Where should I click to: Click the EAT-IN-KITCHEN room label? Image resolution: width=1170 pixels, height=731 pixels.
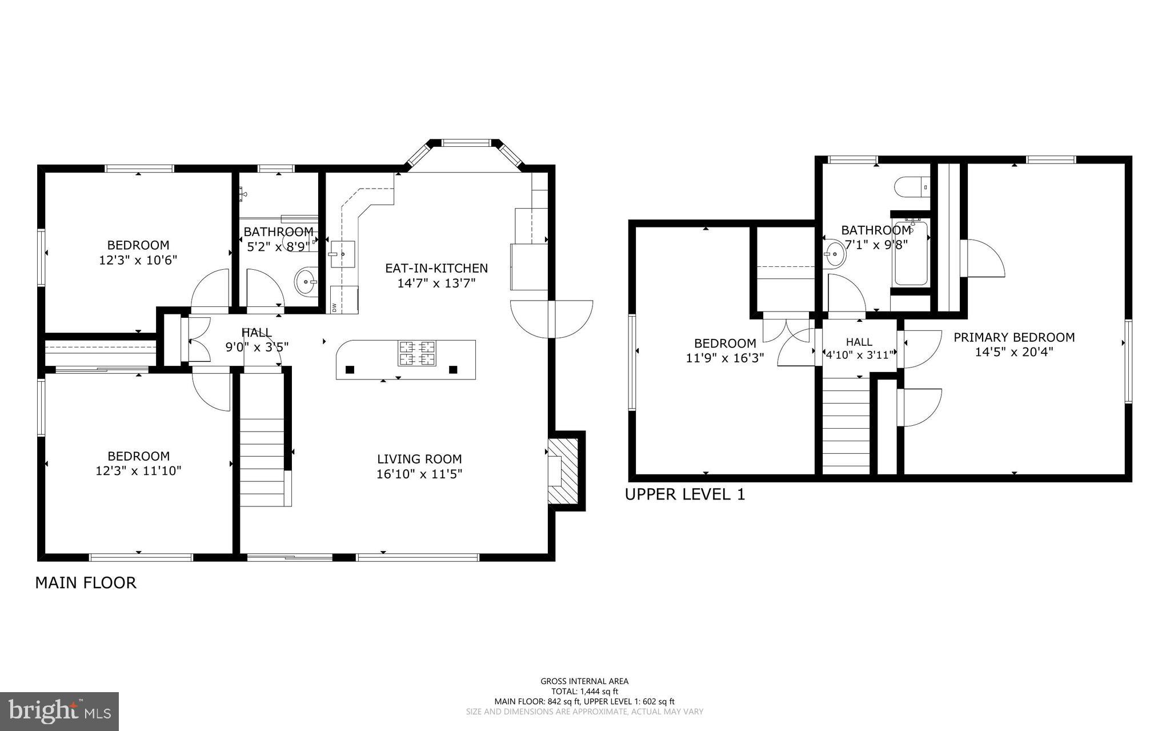pyautogui.click(x=436, y=268)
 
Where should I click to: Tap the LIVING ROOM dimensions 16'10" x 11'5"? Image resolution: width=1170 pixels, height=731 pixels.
pyautogui.click(x=419, y=474)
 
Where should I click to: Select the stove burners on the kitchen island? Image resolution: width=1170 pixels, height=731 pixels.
pyautogui.click(x=417, y=353)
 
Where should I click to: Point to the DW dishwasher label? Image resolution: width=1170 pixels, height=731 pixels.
pyautogui.click(x=334, y=307)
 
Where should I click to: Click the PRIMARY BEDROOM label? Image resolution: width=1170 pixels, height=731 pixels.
pyautogui.click(x=1014, y=337)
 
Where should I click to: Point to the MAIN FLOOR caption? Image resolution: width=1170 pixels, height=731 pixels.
pyautogui.click(x=86, y=583)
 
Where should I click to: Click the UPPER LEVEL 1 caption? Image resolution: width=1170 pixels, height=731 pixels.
pyautogui.click(x=685, y=494)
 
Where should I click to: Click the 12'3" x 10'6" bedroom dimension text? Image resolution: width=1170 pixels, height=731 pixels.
pyautogui.click(x=138, y=260)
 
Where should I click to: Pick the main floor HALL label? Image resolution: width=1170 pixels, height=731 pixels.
pyautogui.click(x=257, y=332)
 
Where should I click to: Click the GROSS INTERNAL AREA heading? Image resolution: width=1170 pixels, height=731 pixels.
pyautogui.click(x=584, y=681)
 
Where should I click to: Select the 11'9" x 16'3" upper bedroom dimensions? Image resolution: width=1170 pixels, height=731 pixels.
pyautogui.click(x=725, y=358)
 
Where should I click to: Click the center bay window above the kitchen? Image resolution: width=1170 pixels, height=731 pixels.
pyautogui.click(x=466, y=143)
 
